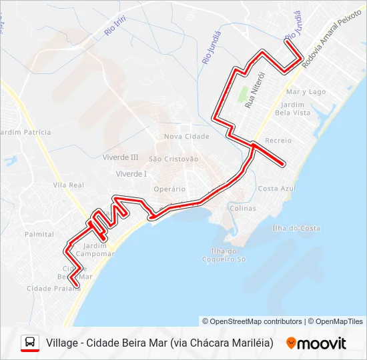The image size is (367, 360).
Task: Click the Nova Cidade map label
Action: (x=186, y=136)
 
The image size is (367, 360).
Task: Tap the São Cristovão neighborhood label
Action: (x=173, y=159)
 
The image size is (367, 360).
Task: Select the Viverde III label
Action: (x=120, y=157)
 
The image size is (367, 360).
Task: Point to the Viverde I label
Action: (x=131, y=173)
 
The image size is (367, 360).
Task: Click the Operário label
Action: (x=169, y=189)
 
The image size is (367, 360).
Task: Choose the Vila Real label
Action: (x=68, y=185)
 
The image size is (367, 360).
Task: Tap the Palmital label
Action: (x=39, y=234)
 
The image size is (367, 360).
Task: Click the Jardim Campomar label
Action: (x=95, y=249)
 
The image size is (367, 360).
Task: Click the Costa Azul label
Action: (x=277, y=189)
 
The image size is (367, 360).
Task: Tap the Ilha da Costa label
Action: (x=296, y=228)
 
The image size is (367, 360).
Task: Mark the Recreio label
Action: (x=278, y=141)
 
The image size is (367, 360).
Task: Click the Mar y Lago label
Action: (x=305, y=91)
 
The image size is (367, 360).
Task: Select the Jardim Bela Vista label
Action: (x=297, y=109)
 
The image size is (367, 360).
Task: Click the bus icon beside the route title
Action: (x=30, y=343)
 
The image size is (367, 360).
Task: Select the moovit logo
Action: (x=316, y=343)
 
